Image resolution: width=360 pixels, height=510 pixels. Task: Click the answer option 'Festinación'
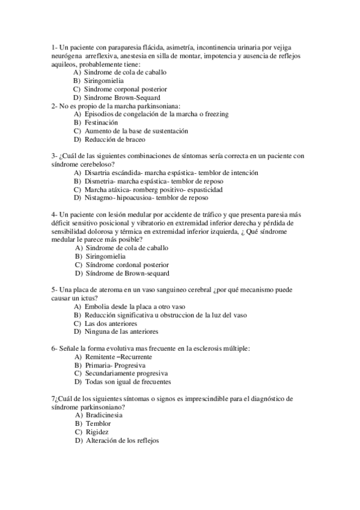(101, 122)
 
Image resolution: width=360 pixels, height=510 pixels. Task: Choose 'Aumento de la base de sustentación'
(136, 131)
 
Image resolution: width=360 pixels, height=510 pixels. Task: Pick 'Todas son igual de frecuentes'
(129, 382)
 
